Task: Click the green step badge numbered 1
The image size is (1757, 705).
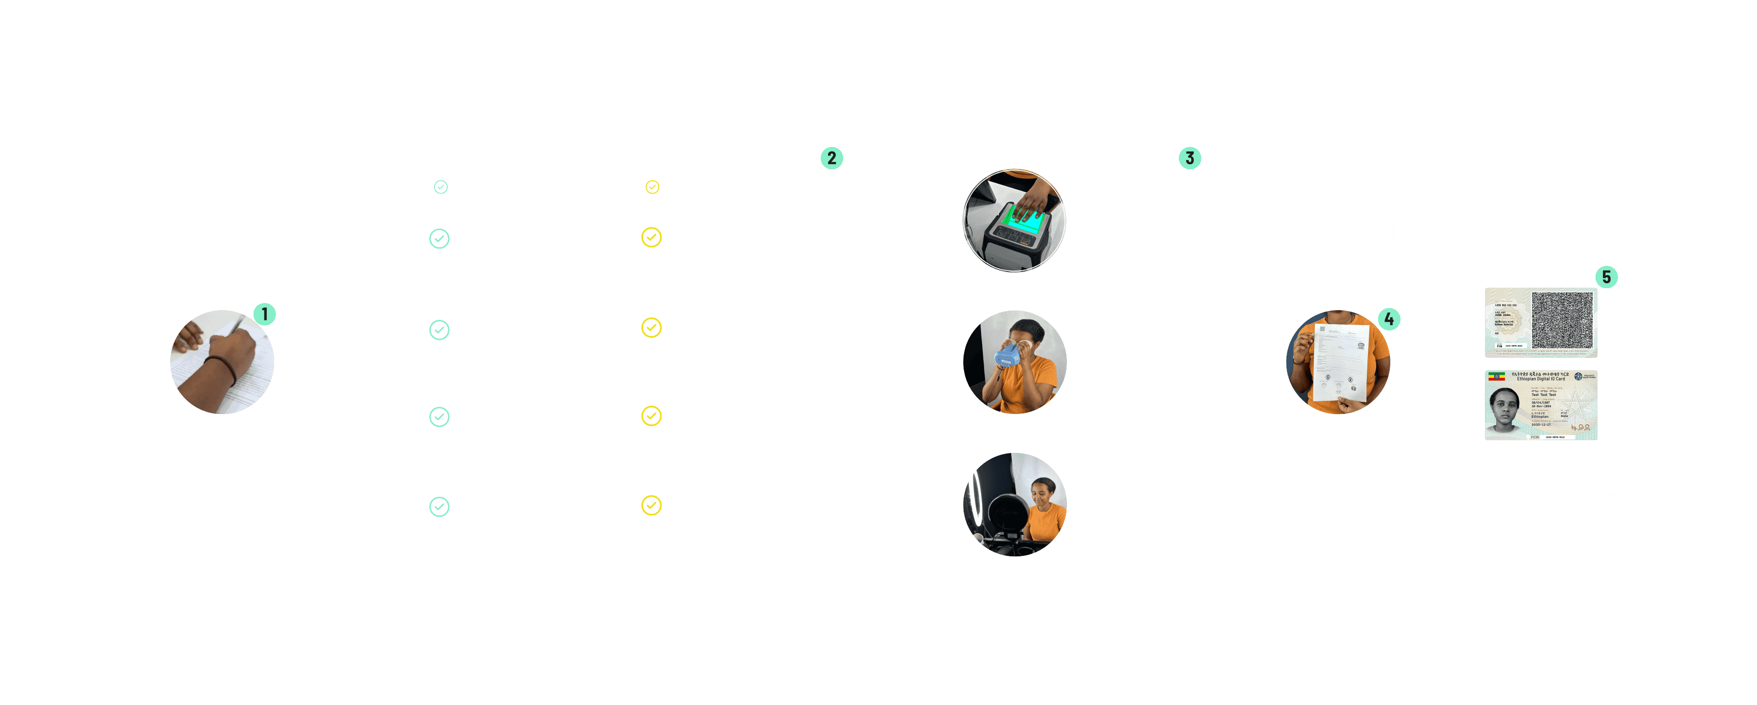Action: (x=265, y=314)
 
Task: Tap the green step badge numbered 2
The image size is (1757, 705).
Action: (x=831, y=158)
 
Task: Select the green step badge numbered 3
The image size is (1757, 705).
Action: (x=1189, y=158)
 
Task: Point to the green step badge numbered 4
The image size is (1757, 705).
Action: (x=1389, y=319)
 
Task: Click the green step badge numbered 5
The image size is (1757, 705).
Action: (x=1606, y=277)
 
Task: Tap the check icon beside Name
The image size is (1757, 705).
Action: (x=439, y=238)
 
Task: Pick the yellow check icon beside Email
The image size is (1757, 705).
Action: (x=651, y=328)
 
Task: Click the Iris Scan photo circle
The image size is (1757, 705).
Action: (x=1014, y=363)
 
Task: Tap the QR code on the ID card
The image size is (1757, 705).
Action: (x=1562, y=320)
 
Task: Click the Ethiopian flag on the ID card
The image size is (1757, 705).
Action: (x=1497, y=376)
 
